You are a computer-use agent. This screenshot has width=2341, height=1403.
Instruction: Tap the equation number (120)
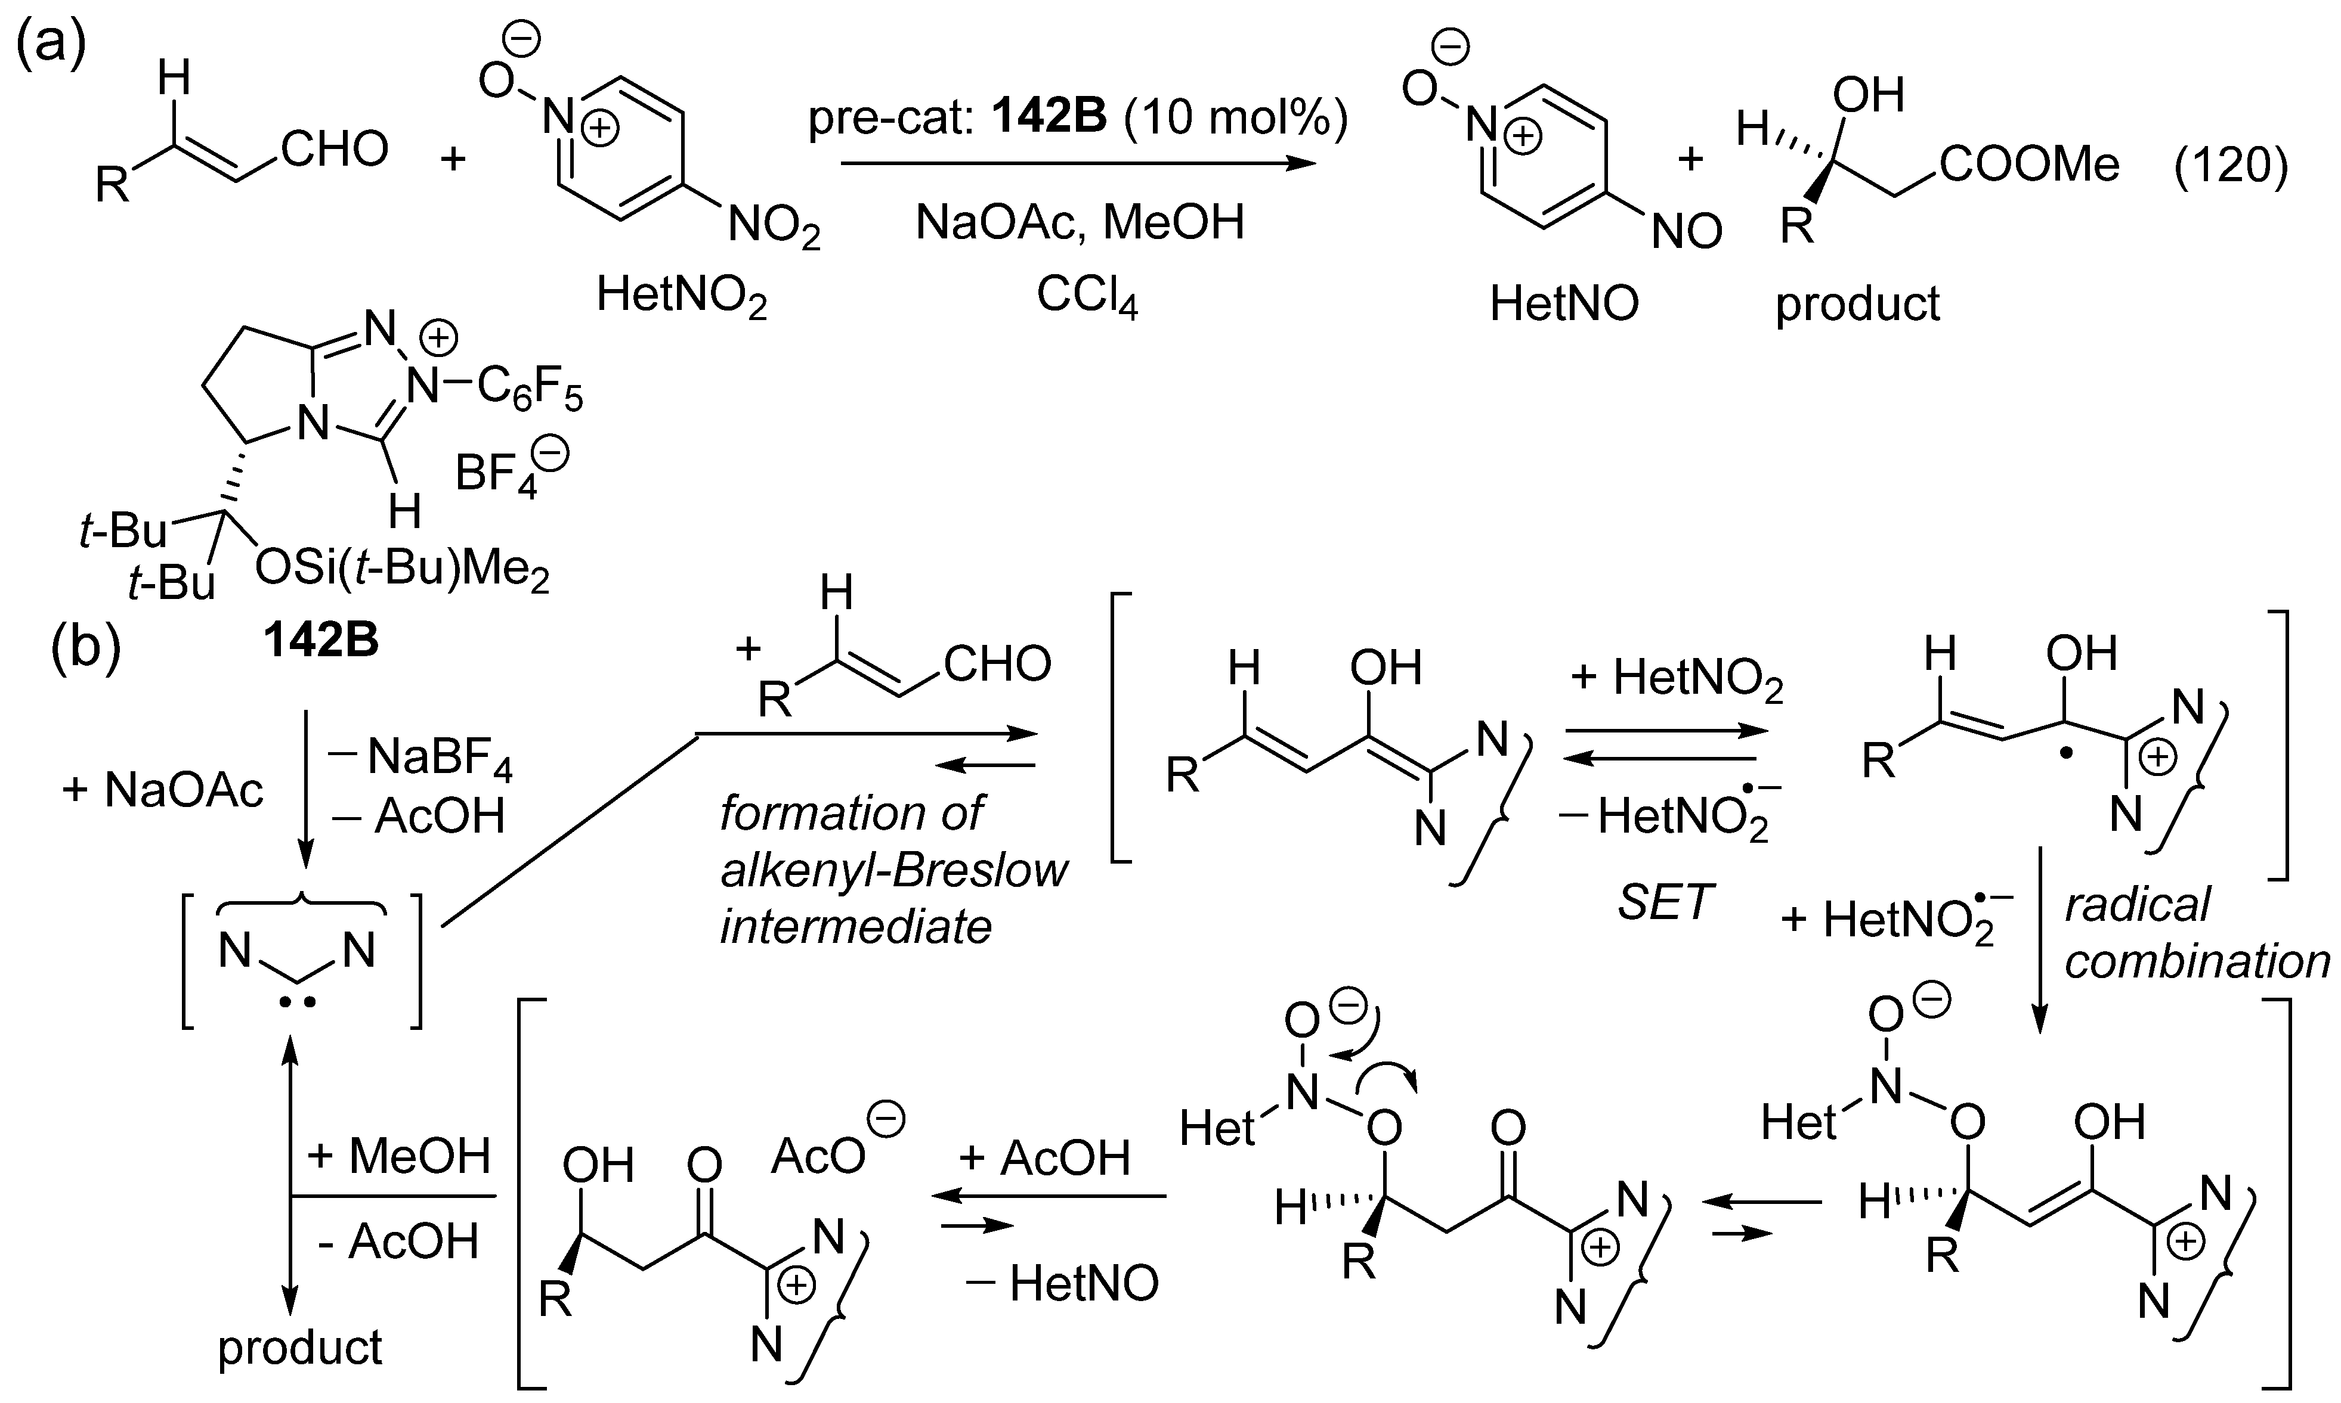(2230, 166)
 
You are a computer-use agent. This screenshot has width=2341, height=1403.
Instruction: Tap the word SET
(1665, 903)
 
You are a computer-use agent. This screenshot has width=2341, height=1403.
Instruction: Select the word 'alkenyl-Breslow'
(894, 870)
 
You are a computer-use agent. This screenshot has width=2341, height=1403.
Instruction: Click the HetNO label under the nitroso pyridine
(1563, 303)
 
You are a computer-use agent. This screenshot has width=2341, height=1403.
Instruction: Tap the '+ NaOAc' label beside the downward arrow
(163, 790)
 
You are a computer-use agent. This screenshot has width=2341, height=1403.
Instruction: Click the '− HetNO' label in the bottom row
(1062, 1283)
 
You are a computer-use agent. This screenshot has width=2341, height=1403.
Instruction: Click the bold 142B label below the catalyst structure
(321, 640)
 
